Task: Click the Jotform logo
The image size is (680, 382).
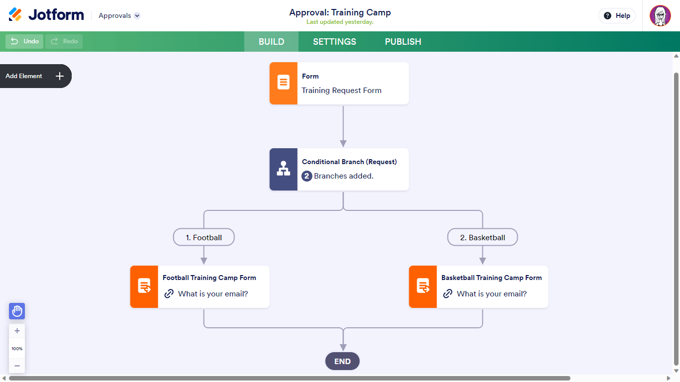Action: pos(46,15)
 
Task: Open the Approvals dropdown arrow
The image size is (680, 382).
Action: pos(137,16)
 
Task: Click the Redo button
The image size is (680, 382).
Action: pos(64,41)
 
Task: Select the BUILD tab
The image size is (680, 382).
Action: pos(271,42)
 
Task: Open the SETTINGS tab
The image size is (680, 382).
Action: pos(335,42)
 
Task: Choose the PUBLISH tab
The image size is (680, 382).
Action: pos(403,42)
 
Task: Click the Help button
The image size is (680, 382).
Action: pos(617,16)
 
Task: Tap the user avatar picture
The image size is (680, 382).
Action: pos(660,16)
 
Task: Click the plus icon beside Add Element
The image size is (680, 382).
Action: pos(60,76)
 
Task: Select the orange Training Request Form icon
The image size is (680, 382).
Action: pos(283,83)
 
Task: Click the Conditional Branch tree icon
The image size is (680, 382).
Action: pos(283,169)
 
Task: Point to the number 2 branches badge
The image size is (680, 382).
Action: pos(307,176)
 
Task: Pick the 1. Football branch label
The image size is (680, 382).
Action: pos(204,237)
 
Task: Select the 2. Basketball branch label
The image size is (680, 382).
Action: pos(482,237)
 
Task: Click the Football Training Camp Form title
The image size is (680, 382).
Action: pos(209,278)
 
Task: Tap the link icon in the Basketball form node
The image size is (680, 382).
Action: pos(448,294)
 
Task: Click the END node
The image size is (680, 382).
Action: pos(342,362)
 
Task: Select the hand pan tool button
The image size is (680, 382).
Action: pos(17,311)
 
